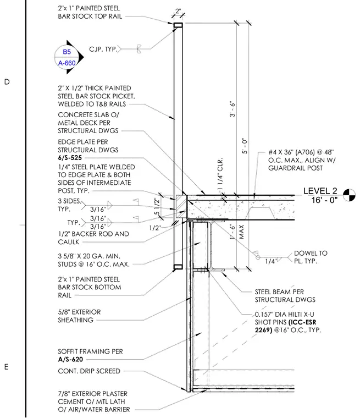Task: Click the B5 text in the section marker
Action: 67,52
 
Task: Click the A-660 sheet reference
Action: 67,63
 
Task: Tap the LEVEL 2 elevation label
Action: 320,191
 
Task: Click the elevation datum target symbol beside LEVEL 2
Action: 349,195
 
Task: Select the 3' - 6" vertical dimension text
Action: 232,109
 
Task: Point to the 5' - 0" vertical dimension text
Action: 245,146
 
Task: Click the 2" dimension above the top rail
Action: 178,11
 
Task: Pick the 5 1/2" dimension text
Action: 157,207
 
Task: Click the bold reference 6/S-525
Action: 70,157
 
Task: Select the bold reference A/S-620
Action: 70,359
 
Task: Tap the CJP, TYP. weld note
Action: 103,50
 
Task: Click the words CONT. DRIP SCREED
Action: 89,371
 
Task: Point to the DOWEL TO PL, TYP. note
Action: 311,257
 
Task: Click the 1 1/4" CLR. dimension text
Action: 220,174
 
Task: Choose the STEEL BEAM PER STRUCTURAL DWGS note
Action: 285,296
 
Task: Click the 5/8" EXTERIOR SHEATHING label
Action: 79,316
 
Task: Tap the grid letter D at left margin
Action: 7,82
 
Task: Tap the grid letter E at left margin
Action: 7,367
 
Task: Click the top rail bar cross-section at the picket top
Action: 178,25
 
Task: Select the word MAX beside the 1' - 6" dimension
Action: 241,232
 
